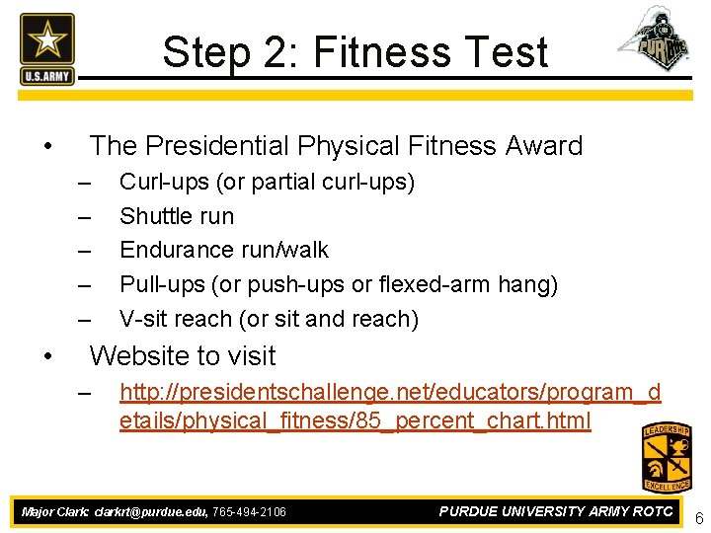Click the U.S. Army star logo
coord(46,48)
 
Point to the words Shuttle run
coord(177,216)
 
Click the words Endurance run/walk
coord(224,250)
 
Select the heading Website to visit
coord(183,355)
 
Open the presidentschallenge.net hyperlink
coord(389,407)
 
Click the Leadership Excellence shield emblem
coord(667,457)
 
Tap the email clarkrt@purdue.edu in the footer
coord(150,512)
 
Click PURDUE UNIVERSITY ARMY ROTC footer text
coord(556,511)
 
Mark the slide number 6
coord(698,519)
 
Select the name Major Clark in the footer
coord(54,512)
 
